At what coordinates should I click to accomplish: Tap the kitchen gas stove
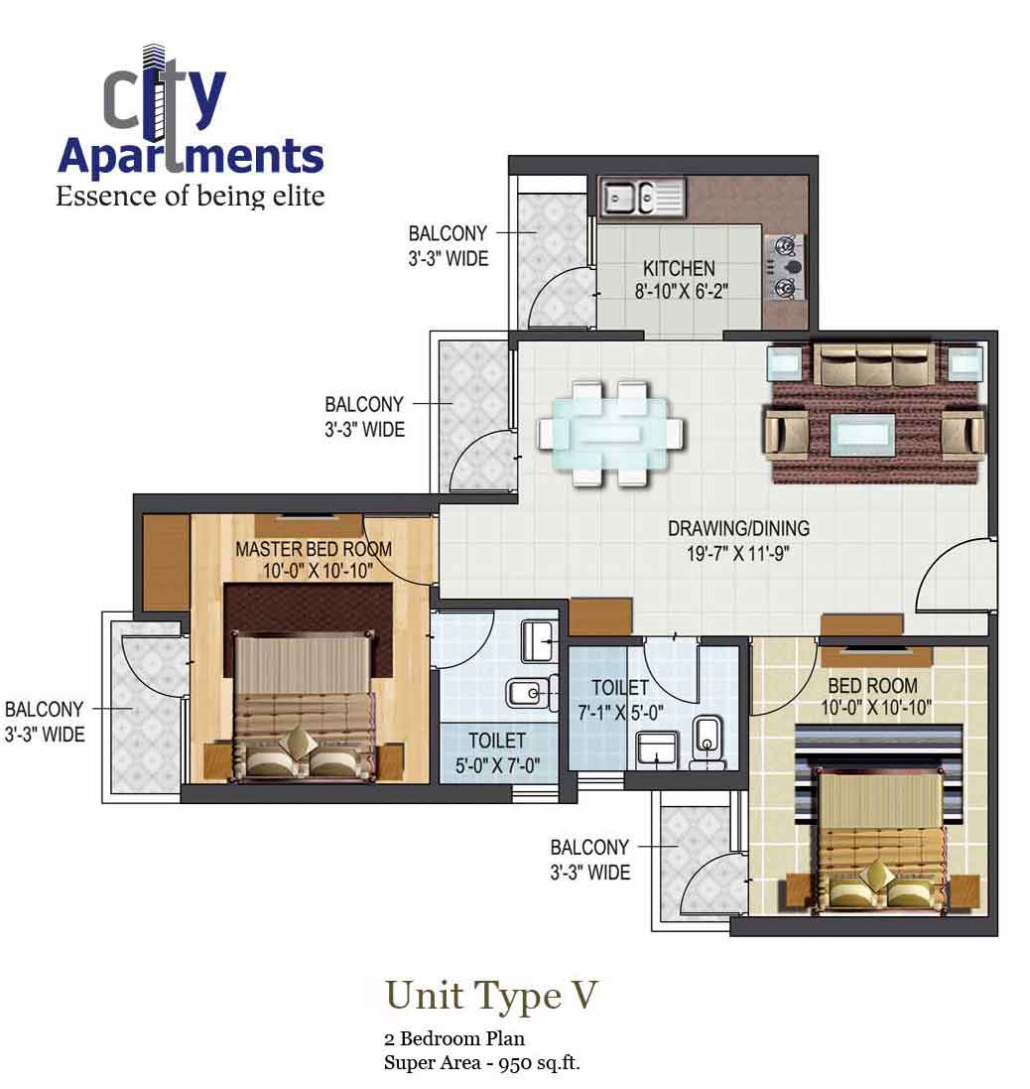pos(786,266)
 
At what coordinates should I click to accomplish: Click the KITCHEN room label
pos(679,268)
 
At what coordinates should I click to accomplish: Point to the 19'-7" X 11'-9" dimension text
pos(738,553)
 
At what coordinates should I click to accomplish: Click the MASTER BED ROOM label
pos(313,549)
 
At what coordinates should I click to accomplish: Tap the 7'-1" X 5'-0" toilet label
pos(620,711)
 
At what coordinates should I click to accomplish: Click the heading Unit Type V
pos(492,995)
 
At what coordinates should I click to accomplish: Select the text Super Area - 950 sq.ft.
pos(482,1063)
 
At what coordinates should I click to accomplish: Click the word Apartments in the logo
pos(191,157)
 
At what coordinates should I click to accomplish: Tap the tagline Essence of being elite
pos(191,196)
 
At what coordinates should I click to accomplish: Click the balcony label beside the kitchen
pos(448,246)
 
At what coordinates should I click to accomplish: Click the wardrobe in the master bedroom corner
pos(166,562)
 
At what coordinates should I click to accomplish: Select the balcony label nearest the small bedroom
pos(589,860)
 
